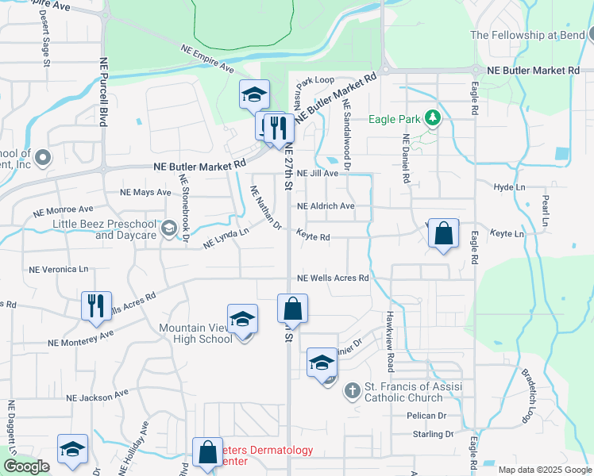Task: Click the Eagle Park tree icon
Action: (x=432, y=119)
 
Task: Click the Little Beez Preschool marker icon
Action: (x=168, y=229)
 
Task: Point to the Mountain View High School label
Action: (x=195, y=333)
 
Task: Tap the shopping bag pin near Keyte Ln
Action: (x=444, y=234)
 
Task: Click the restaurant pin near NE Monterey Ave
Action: (x=96, y=305)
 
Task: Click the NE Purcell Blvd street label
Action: (x=103, y=92)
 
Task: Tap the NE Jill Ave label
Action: (x=318, y=173)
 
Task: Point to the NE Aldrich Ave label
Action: (x=326, y=206)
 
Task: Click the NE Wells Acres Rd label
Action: (x=333, y=278)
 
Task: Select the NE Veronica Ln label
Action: (x=58, y=270)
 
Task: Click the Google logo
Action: (x=26, y=466)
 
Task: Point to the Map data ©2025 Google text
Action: (x=545, y=470)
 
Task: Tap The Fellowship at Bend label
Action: (x=527, y=35)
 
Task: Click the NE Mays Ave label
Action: (x=145, y=193)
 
